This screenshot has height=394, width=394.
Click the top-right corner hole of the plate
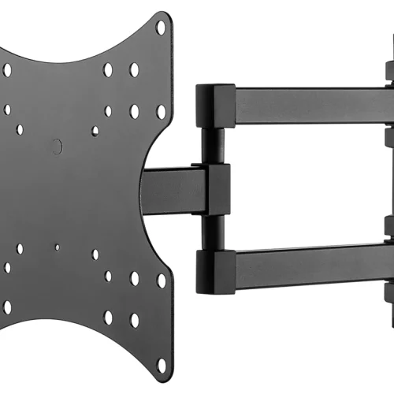161,28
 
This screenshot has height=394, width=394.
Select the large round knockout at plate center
56,146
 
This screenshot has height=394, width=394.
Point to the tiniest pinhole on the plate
56,247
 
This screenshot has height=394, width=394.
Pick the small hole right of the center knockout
95,131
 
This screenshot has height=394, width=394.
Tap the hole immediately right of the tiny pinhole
95,255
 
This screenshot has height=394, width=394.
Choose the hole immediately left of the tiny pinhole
20,248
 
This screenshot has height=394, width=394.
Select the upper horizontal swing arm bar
307,105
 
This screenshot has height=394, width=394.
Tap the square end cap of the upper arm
213,107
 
